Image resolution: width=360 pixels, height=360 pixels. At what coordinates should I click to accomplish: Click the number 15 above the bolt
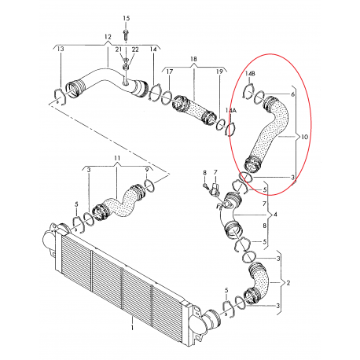click(126, 18)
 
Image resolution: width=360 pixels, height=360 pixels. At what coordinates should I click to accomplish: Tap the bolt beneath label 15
click(126, 35)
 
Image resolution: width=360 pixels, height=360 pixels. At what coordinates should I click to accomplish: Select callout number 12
click(108, 37)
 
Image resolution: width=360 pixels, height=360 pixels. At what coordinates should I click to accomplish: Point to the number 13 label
click(61, 49)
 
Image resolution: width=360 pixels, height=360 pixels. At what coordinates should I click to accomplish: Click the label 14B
click(250, 74)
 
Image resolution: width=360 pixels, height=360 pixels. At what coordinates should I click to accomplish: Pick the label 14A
click(232, 111)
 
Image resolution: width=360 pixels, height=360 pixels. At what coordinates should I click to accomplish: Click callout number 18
click(193, 59)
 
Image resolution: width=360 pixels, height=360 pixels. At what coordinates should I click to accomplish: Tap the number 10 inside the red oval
click(304, 137)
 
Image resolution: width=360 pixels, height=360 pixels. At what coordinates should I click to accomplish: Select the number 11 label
click(117, 158)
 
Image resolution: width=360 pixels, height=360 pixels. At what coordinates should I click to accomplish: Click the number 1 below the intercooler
click(133, 328)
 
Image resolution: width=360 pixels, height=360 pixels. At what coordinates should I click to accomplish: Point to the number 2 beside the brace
click(288, 283)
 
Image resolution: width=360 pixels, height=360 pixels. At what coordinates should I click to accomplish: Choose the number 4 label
click(275, 215)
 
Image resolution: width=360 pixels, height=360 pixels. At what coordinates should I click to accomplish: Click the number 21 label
click(119, 50)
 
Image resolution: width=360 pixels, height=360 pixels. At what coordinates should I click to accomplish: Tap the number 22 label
click(135, 50)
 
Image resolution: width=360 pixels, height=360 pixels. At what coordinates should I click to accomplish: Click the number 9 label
click(147, 170)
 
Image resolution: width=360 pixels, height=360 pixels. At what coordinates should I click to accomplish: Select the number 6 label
click(293, 94)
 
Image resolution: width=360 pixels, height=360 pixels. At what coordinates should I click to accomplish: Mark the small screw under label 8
click(206, 186)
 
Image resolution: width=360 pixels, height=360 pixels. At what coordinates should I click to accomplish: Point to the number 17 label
click(170, 72)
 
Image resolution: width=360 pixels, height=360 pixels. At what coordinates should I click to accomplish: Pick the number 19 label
click(219, 72)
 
